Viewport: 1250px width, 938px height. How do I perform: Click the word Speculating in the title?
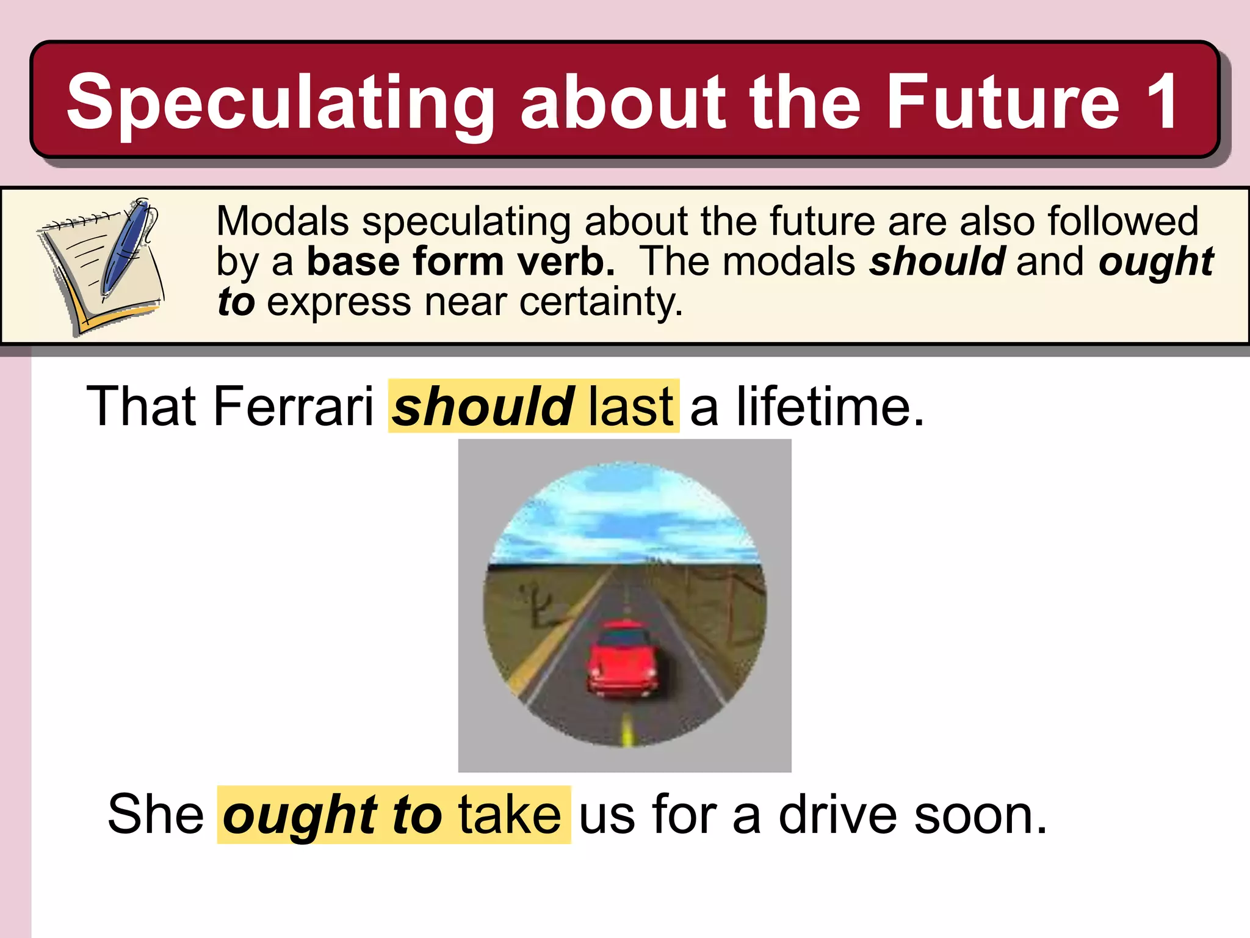click(x=280, y=103)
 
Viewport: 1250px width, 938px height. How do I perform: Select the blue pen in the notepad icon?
click(x=126, y=247)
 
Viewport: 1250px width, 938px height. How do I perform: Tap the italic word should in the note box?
click(x=937, y=261)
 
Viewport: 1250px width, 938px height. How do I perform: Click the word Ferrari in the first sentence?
click(x=293, y=407)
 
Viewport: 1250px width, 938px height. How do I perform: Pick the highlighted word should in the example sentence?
click(x=482, y=407)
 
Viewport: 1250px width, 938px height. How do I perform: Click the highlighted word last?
click(x=631, y=407)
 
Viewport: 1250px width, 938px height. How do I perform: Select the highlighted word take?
click(x=510, y=815)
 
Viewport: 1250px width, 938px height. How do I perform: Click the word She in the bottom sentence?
click(x=156, y=815)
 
